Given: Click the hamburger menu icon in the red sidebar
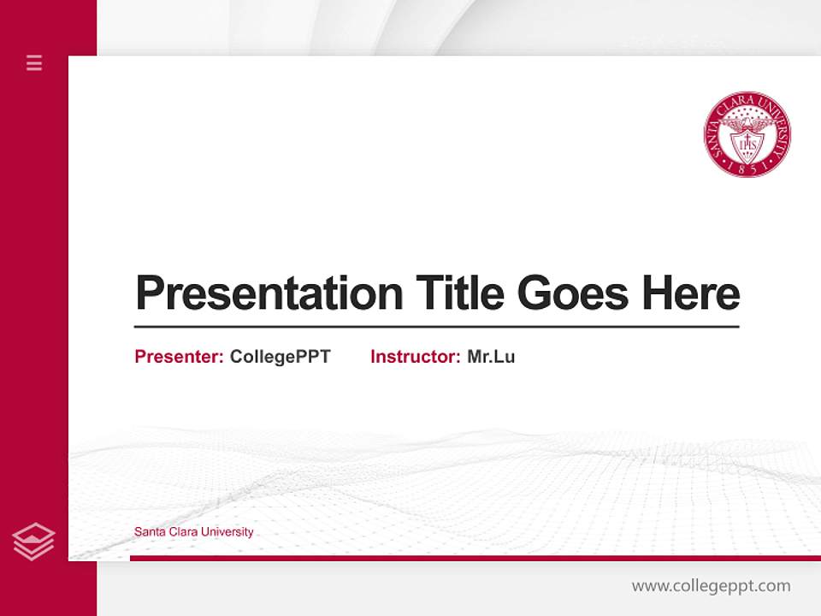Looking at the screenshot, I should tap(34, 62).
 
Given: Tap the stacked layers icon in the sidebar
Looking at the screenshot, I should tap(34, 542).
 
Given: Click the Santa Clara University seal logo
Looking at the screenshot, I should tap(747, 135).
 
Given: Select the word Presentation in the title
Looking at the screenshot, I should tap(269, 293).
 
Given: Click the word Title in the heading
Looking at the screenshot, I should tap(460, 293).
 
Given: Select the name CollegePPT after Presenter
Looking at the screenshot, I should tap(280, 357).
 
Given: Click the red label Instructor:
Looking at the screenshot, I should tap(416, 357).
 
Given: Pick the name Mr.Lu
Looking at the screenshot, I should tap(491, 357).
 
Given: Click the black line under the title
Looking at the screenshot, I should tap(436, 327).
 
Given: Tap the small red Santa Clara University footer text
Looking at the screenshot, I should tap(194, 532).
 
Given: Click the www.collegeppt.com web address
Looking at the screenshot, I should tap(711, 586).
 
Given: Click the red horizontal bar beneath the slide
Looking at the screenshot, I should tap(475, 558).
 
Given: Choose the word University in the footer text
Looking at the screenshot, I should tap(226, 532).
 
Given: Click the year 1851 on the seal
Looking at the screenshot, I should tap(747, 169).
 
